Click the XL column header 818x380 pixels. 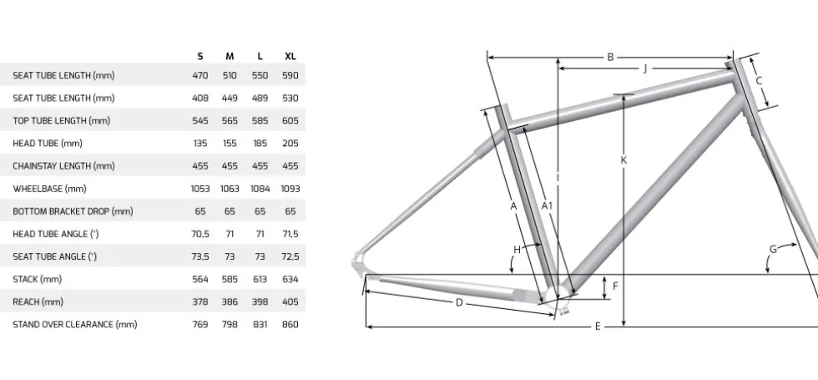[290, 57]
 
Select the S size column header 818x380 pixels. [200, 57]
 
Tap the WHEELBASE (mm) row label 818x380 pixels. [49, 189]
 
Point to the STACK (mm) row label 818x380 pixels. [37, 279]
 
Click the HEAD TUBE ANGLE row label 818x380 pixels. [55, 234]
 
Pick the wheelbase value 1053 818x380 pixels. [200, 189]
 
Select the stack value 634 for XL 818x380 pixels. [290, 279]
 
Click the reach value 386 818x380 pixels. [230, 301]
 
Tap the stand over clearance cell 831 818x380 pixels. [260, 324]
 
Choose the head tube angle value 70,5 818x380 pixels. [200, 234]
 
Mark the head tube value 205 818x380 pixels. [290, 143]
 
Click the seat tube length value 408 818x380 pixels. [200, 99]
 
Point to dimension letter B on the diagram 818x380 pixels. [610, 58]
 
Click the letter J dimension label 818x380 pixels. [645, 68]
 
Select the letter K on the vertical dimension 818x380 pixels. [624, 160]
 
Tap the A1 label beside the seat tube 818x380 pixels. [546, 205]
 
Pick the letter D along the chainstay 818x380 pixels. [459, 302]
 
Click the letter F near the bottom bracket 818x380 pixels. [616, 286]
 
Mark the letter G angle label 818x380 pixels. [773, 250]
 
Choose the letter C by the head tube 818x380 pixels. [759, 81]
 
